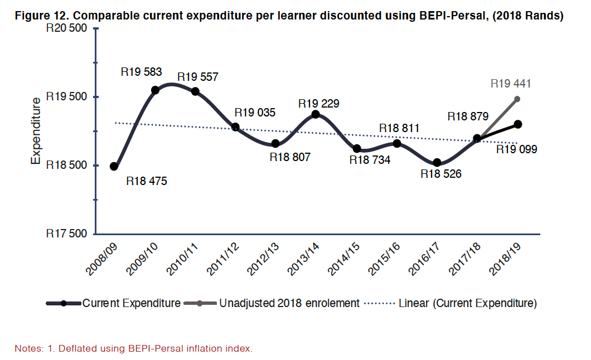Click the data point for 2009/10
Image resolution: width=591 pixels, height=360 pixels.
155,90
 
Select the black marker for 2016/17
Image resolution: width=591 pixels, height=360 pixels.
437,163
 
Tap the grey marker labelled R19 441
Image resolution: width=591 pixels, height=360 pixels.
517,99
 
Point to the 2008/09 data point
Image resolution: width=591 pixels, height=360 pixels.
114,166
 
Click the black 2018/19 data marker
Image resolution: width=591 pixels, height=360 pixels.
518,124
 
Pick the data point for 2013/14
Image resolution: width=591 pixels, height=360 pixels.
316,114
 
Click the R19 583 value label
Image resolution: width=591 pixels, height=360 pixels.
141,72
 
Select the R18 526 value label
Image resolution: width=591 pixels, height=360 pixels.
441,174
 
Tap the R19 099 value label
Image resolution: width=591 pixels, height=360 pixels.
517,149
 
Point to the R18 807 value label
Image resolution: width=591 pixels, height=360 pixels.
290,157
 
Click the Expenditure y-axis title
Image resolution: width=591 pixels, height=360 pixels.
36,131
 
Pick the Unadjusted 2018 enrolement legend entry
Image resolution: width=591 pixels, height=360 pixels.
289,304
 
